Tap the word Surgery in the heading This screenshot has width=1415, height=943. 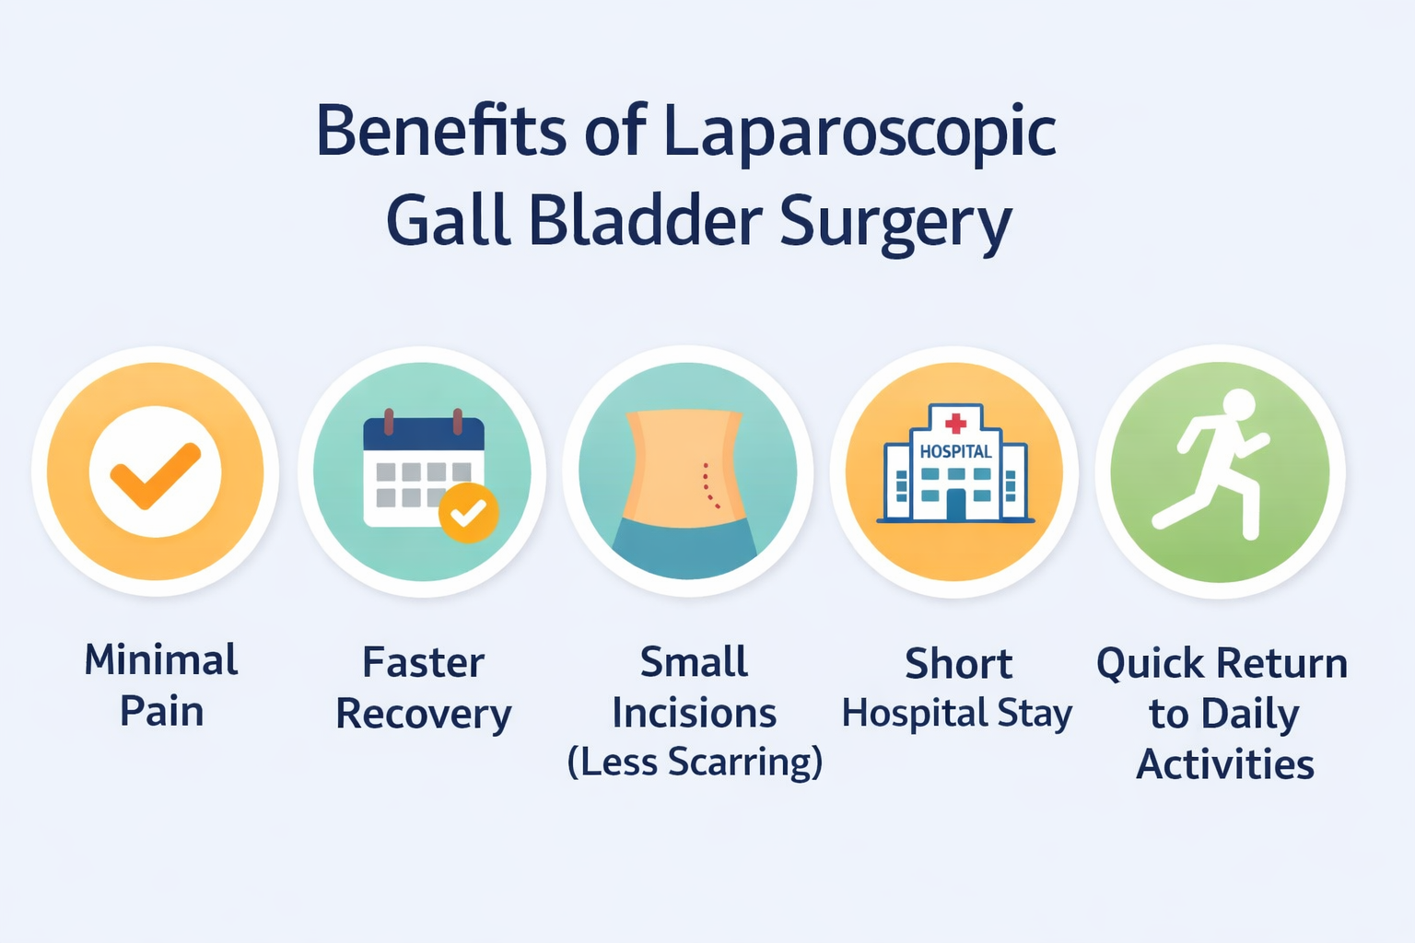895,222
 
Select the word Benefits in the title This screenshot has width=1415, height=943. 440,130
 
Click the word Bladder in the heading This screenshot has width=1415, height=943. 645,222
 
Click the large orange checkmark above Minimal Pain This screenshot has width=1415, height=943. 155,475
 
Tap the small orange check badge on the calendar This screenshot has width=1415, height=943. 469,512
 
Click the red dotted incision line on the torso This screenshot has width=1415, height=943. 708,486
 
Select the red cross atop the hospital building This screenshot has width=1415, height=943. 955,423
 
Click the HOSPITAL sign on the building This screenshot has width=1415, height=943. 955,451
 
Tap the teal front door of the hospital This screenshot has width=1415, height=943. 955,505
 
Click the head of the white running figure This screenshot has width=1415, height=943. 1238,404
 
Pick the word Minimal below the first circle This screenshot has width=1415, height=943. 161,660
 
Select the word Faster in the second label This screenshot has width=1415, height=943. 423,662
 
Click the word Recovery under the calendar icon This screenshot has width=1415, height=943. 423,714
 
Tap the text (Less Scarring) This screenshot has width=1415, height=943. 695,763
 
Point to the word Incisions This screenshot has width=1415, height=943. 695,714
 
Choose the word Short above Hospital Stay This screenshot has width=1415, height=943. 958,664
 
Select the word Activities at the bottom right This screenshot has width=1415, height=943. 1224,764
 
